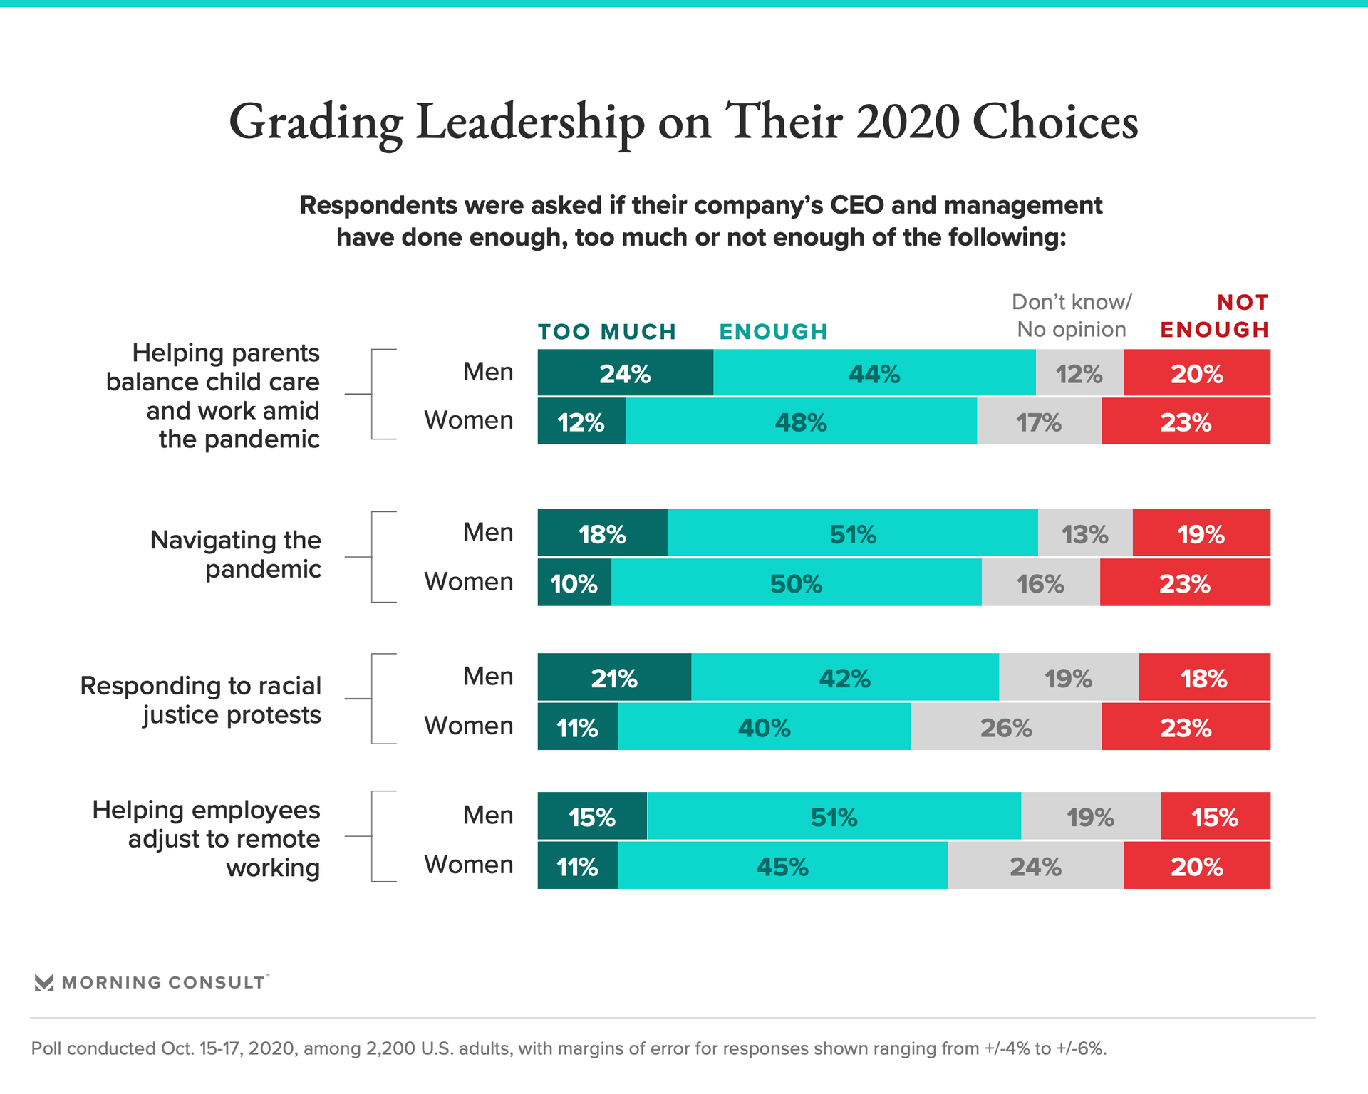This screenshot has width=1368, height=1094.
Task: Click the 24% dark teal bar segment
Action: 625,373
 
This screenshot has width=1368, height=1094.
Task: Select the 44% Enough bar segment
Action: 874,373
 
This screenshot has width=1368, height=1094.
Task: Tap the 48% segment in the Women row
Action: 801,422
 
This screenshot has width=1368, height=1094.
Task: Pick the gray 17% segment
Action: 1039,422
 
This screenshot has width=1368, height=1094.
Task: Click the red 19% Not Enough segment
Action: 1201,533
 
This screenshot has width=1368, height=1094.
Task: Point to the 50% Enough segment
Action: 796,583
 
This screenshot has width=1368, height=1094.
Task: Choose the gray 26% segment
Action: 1006,727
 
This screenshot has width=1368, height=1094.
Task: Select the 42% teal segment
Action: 844,678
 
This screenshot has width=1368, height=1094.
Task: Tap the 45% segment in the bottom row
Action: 782,866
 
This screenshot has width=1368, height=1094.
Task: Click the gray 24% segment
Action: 1035,866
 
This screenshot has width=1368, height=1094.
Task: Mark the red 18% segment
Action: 1204,678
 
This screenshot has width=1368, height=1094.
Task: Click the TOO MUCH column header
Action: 606,332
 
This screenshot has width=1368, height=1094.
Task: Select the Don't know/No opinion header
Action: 1071,316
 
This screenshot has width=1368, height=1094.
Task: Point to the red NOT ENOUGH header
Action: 1215,316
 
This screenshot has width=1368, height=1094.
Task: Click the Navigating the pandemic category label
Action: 236,554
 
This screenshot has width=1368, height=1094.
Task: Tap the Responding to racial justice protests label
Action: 201,699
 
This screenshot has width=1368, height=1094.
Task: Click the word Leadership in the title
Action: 530,123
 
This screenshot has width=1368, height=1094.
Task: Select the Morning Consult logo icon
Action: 44,983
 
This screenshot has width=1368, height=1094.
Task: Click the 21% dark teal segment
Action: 613,678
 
